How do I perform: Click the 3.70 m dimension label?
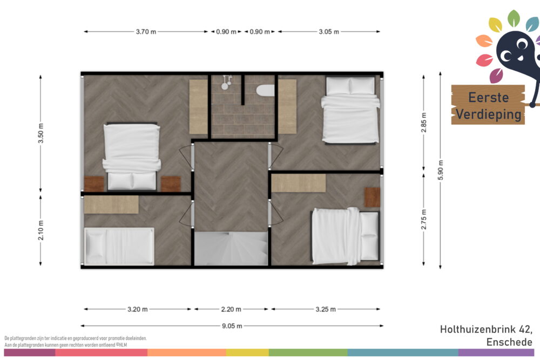[146, 32]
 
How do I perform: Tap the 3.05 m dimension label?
[329, 32]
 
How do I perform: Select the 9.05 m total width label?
[232, 326]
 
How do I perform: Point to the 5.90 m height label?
[441, 170]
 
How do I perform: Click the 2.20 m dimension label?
[231, 309]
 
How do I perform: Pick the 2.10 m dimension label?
[40, 230]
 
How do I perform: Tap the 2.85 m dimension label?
[423, 123]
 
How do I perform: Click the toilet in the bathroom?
[266, 91]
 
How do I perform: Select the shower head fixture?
[226, 82]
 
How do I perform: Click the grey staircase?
[231, 248]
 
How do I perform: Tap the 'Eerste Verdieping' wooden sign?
[488, 105]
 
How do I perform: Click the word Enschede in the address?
[509, 342]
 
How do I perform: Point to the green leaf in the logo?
[514, 18]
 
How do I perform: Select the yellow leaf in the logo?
[496, 25]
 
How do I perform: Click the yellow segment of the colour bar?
[247, 352]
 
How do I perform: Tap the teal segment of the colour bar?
[403, 352]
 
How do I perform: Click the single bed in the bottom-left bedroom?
[119, 246]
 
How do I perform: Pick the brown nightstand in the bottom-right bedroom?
[373, 197]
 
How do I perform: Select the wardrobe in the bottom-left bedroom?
[111, 205]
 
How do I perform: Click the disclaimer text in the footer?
[76, 342]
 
